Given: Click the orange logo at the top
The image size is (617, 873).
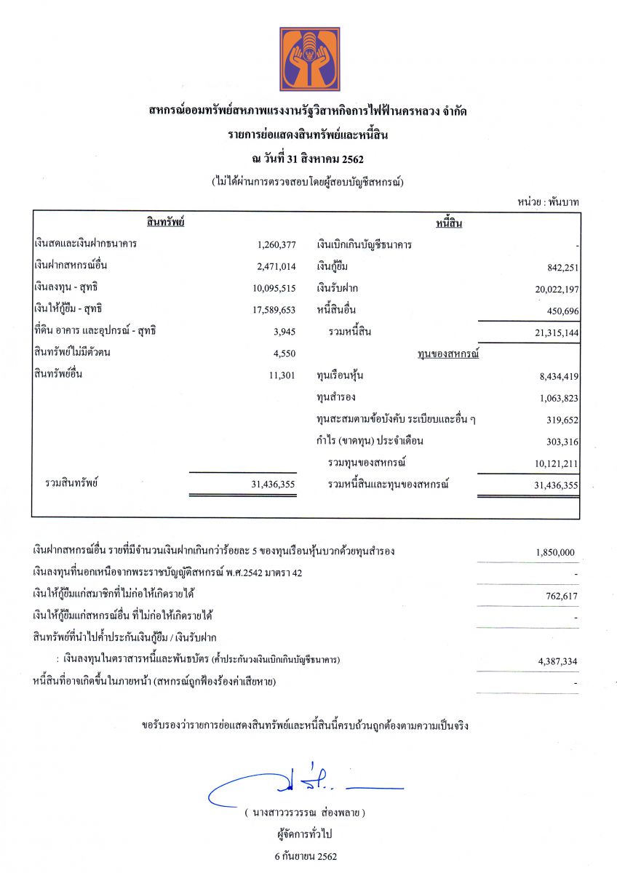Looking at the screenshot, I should click(309, 59).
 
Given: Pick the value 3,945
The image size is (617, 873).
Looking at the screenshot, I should click(284, 332).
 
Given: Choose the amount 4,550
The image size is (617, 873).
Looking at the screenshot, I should click(284, 354).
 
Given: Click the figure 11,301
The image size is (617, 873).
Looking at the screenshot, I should click(282, 375).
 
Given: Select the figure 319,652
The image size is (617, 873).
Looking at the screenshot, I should click(561, 420).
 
